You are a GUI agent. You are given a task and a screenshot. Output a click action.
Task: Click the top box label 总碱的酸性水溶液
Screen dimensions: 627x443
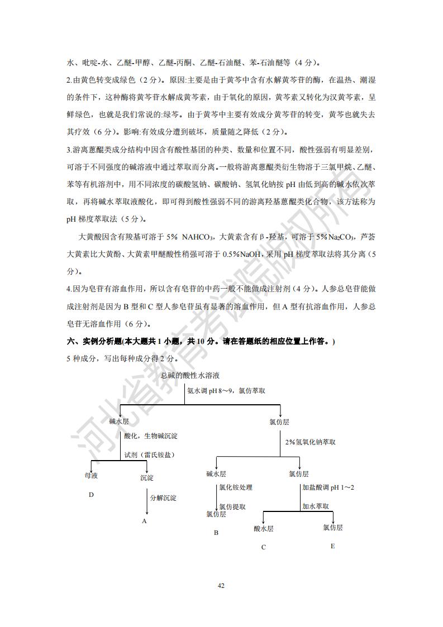[x=190, y=375]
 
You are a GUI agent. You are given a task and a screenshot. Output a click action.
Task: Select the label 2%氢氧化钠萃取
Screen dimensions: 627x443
[x=310, y=442]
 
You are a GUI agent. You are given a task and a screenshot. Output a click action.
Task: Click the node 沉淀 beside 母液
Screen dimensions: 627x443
[x=147, y=477]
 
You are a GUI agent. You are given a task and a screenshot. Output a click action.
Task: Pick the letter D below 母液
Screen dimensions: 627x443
[x=91, y=495]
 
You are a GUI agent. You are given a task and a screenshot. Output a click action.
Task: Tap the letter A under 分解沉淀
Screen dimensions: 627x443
[x=144, y=521]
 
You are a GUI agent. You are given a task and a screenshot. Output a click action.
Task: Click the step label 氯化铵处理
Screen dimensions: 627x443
[x=236, y=487]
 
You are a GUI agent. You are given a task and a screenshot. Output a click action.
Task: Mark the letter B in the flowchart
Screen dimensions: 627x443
[x=216, y=533]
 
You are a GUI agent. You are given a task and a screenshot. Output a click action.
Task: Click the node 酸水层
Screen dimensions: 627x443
[x=264, y=528]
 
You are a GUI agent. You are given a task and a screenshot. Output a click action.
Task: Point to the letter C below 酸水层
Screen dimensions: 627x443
[x=264, y=547]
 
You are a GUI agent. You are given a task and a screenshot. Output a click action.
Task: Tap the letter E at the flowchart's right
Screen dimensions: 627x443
[x=332, y=545]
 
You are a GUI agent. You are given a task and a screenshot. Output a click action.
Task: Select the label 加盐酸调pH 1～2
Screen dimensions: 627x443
[x=328, y=487]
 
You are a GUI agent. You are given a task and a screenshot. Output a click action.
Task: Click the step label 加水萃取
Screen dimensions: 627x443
[x=315, y=506]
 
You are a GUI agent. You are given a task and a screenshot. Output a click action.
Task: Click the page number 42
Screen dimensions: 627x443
[x=221, y=586]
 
